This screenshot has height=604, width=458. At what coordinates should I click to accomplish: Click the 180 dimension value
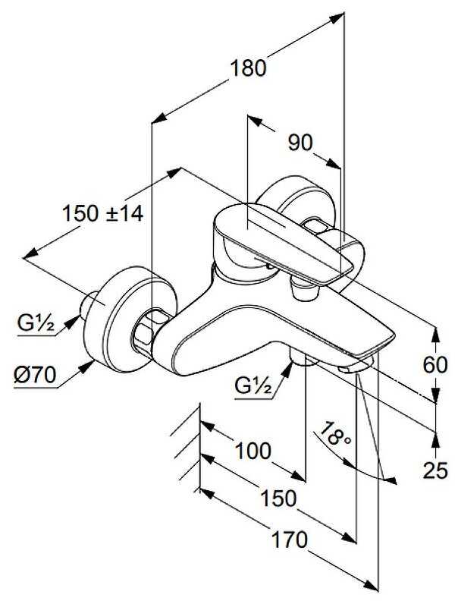[x=249, y=68]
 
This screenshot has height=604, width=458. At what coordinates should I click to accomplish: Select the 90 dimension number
[x=302, y=143]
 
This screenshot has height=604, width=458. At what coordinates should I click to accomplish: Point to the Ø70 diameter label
[x=34, y=374]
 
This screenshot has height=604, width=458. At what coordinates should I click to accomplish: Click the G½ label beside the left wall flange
[x=35, y=325]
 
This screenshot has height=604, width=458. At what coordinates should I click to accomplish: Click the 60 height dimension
[x=435, y=366]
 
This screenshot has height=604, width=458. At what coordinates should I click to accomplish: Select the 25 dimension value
[x=435, y=471]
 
